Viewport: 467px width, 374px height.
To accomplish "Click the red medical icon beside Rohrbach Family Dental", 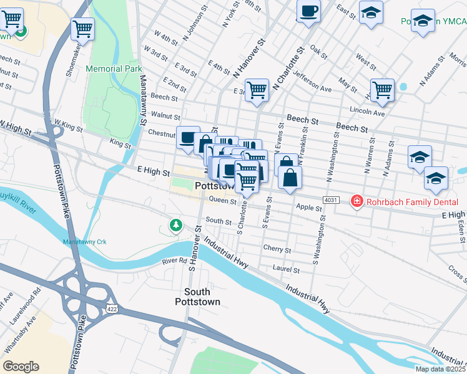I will (x=356, y=201).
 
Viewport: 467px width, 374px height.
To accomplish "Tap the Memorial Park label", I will (x=114, y=69).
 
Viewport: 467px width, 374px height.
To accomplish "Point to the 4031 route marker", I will (x=331, y=199).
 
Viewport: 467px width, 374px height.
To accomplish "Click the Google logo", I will (x=20, y=367).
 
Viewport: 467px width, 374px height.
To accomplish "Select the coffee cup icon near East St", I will (x=308, y=11).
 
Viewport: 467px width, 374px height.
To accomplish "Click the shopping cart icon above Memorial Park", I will (x=82, y=28).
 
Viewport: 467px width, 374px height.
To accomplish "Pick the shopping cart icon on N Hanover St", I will (x=257, y=90).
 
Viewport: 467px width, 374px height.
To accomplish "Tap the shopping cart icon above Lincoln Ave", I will (x=381, y=89).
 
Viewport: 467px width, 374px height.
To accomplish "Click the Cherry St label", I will (x=278, y=248).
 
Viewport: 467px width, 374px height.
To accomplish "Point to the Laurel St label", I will (x=287, y=269).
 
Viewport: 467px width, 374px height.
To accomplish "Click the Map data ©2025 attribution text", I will (x=440, y=369).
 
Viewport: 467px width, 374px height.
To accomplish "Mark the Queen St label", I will (x=222, y=200).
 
